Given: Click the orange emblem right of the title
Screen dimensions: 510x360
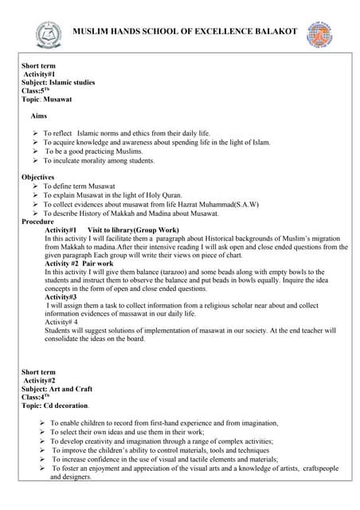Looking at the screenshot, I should pyautogui.click(x=319, y=33).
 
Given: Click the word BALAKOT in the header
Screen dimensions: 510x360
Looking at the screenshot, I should pyautogui.click(x=273, y=31).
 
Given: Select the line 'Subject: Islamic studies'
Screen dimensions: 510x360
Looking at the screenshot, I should pyautogui.click(x=58, y=82).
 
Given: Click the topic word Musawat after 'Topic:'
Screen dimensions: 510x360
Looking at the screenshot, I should pyautogui.click(x=59, y=99).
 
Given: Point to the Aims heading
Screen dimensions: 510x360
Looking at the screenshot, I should pyautogui.click(x=38, y=116).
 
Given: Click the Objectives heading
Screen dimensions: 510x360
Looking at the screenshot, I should pyautogui.click(x=38, y=177).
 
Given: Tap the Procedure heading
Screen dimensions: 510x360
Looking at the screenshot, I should pyautogui.click(x=38, y=222).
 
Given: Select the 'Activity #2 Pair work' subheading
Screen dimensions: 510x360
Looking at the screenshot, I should pyautogui.click(x=80, y=263).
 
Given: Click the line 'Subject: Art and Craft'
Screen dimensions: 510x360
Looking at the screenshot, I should pyautogui.click(x=57, y=389).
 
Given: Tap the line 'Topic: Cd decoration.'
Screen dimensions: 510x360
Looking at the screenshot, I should pyautogui.click(x=61, y=406).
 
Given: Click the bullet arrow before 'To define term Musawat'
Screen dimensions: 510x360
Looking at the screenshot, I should pyautogui.click(x=35, y=186).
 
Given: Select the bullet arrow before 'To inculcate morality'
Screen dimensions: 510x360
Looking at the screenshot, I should pyautogui.click(x=35, y=160).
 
